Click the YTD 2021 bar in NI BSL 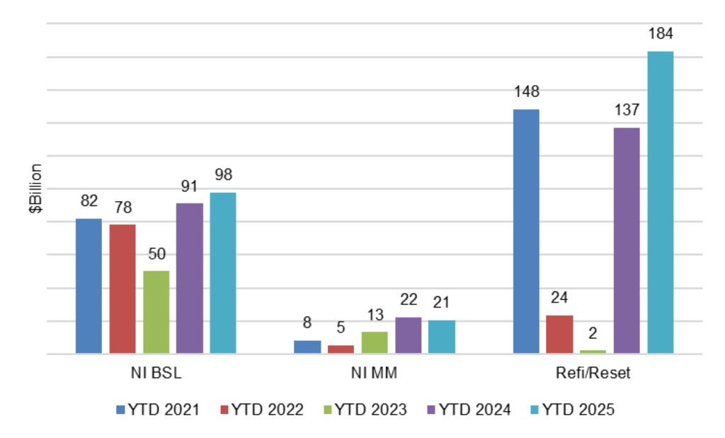pyautogui.click(x=89, y=286)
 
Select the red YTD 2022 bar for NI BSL pyautogui.click(x=122, y=289)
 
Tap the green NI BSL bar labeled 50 pyautogui.click(x=156, y=312)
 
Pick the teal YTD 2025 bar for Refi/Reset pyautogui.click(x=660, y=203)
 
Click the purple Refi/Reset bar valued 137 pyautogui.click(x=627, y=241)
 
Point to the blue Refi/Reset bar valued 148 pyautogui.click(x=526, y=232)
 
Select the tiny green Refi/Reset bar pyautogui.click(x=593, y=352)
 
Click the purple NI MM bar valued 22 pyautogui.click(x=408, y=335)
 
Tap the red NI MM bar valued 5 pyautogui.click(x=341, y=349)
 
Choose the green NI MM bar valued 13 pyautogui.click(x=375, y=342)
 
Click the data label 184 pyautogui.click(x=660, y=34)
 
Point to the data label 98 pyautogui.click(x=223, y=174)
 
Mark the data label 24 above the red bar pyautogui.click(x=559, y=298)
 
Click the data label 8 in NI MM pyautogui.click(x=307, y=323)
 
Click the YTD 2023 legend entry pyautogui.click(x=364, y=410)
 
